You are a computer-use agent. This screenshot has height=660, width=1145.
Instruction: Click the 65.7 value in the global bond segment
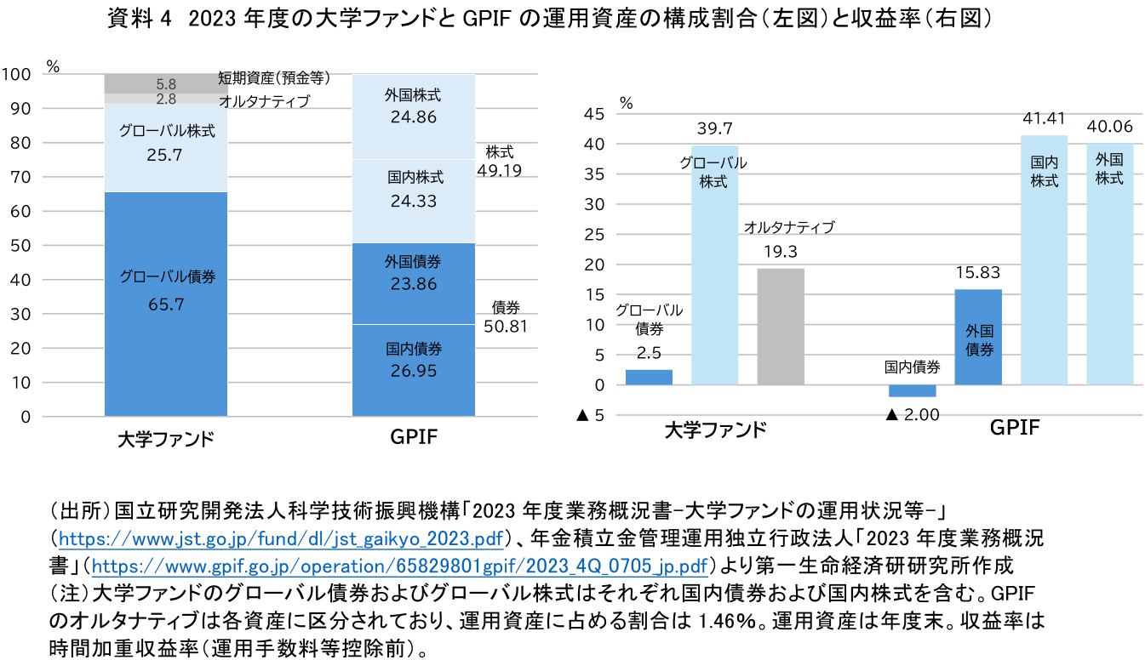pos(166,304)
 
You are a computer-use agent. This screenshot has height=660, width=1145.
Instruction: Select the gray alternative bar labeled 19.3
pos(780,326)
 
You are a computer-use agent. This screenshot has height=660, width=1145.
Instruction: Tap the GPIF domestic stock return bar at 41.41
pos(1044,259)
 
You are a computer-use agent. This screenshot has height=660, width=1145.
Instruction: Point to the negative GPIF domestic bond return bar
pos(912,390)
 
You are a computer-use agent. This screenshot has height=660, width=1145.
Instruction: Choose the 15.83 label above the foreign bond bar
pos(978,274)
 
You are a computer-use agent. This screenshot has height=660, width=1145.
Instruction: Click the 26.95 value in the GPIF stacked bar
pos(413,373)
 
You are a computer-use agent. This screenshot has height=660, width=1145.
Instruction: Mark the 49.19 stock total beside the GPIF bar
pos(499,170)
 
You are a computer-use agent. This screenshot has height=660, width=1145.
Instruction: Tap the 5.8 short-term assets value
pos(166,84)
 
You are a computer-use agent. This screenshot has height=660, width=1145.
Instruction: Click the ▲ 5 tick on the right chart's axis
pos(593,416)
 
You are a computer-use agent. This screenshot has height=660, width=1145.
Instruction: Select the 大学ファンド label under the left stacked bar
pos(165,440)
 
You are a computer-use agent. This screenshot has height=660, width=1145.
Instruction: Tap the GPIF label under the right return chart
pos(1014,428)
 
